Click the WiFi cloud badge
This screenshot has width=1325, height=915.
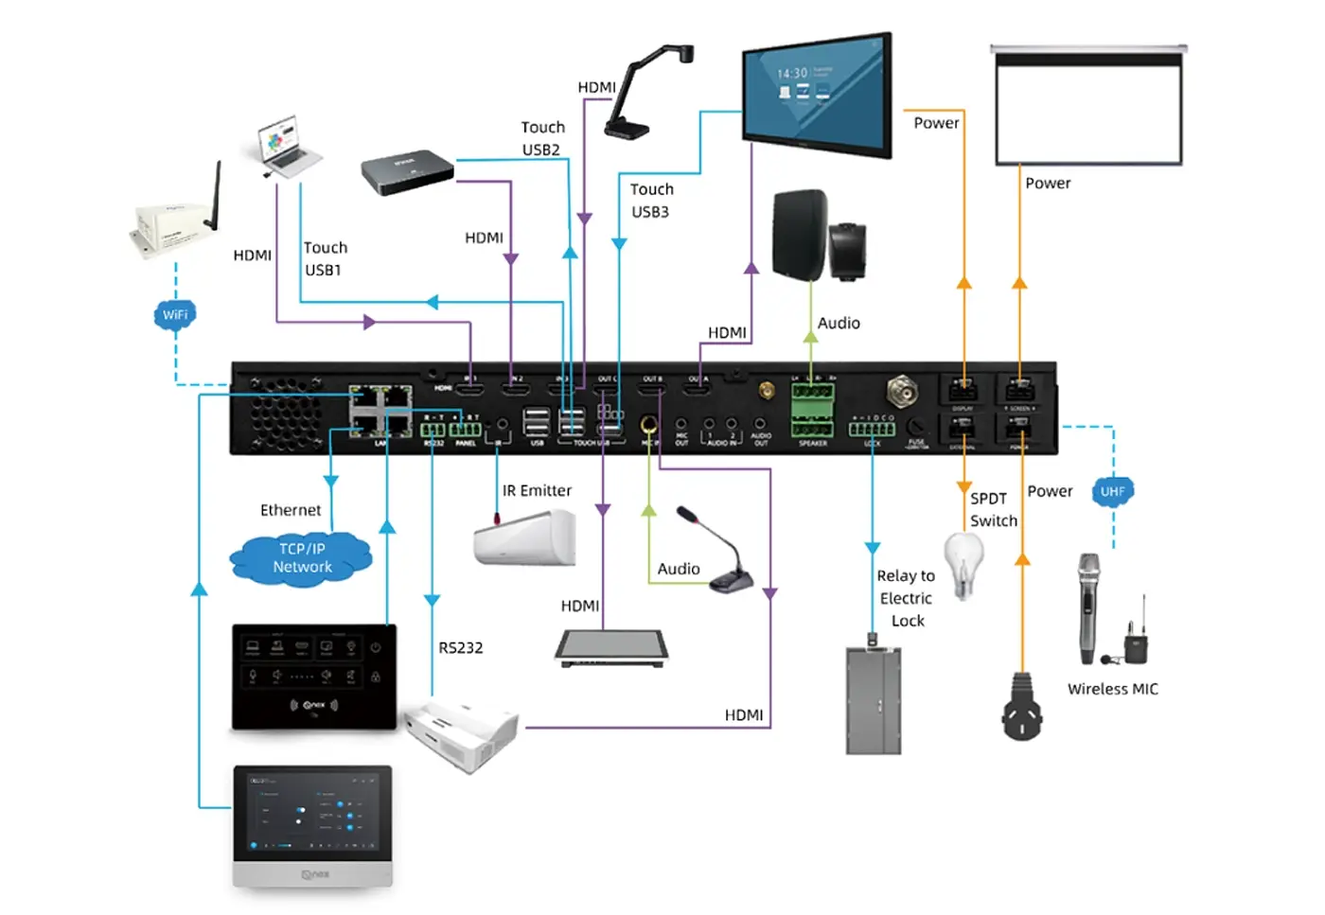click(x=175, y=314)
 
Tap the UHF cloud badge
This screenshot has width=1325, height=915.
click(x=1112, y=491)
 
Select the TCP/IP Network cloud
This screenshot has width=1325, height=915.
click(x=302, y=558)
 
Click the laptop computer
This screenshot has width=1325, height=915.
click(x=288, y=147)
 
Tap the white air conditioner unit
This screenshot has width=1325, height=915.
click(x=526, y=537)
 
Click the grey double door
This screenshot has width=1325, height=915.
click(x=874, y=700)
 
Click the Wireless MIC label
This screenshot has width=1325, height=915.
click(x=1112, y=689)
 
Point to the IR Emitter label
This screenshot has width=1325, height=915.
click(x=537, y=490)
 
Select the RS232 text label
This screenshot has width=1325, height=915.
click(x=460, y=647)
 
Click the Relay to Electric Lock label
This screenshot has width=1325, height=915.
click(x=906, y=598)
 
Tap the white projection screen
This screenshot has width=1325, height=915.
click(x=1088, y=105)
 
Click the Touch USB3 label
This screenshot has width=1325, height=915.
click(x=651, y=201)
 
